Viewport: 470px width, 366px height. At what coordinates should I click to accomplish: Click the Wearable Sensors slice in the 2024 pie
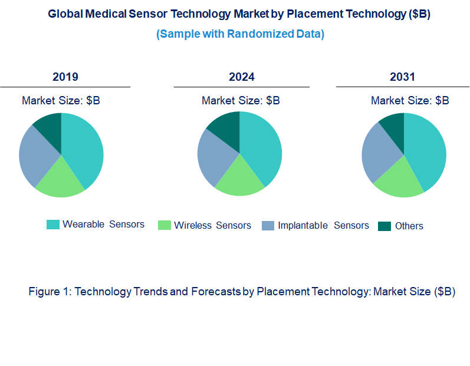pos(261,147)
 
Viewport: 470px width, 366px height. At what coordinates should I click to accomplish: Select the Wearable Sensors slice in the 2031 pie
pos(426,150)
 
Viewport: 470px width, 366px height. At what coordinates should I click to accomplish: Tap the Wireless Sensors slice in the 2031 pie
pos(399,180)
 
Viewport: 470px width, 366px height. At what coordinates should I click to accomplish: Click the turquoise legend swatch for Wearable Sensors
pos(53,225)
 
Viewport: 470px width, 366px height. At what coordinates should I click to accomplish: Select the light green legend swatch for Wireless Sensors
pos(165,225)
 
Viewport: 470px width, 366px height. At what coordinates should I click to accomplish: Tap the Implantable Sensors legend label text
pos(323,225)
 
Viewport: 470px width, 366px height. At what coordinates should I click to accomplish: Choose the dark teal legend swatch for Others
pos(384,226)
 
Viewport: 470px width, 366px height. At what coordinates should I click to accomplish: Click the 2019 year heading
pos(65,77)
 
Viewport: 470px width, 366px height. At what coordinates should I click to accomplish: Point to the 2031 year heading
pos(402,77)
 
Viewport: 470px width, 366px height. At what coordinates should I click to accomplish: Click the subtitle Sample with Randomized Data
pos(240,34)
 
